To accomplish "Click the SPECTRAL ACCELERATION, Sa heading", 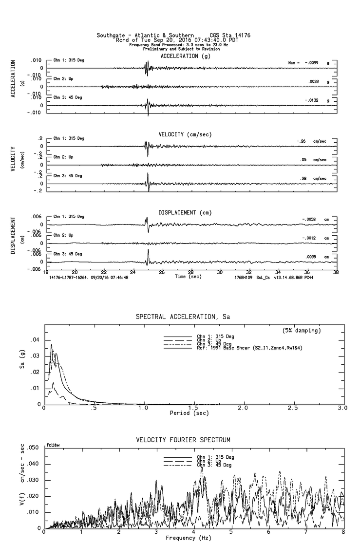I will tap(182, 317).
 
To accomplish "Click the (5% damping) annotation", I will tap(301, 331).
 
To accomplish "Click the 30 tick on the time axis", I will tap(220, 272).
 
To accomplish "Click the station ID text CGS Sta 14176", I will tap(230, 36).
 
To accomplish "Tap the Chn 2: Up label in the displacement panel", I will tap(63, 235).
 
